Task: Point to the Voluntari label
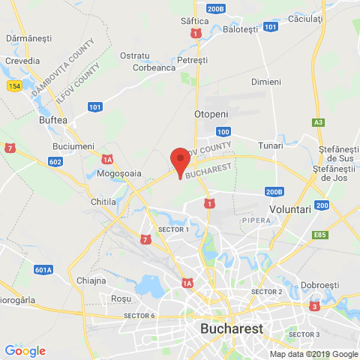pyautogui.click(x=289, y=210)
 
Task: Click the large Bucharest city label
pyautogui.click(x=232, y=328)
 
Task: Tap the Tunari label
pyautogui.click(x=270, y=145)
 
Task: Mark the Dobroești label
pyautogui.click(x=320, y=285)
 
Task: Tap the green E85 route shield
pyautogui.click(x=321, y=235)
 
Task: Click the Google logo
pyautogui.click(x=25, y=350)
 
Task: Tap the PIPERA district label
pyautogui.click(x=255, y=220)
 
